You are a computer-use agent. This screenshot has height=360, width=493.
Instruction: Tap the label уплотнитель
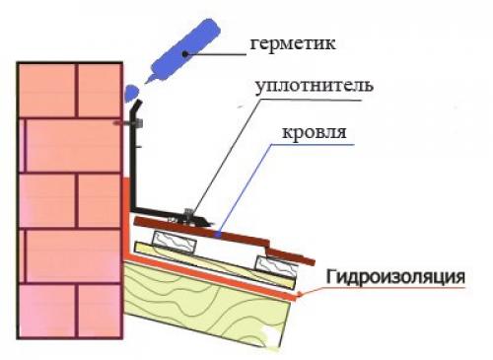pyautogui.click(x=314, y=87)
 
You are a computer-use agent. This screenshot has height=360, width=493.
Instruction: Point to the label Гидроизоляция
pyautogui.click(x=395, y=275)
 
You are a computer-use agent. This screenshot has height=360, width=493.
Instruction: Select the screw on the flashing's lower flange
pyautogui.click(x=188, y=212)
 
